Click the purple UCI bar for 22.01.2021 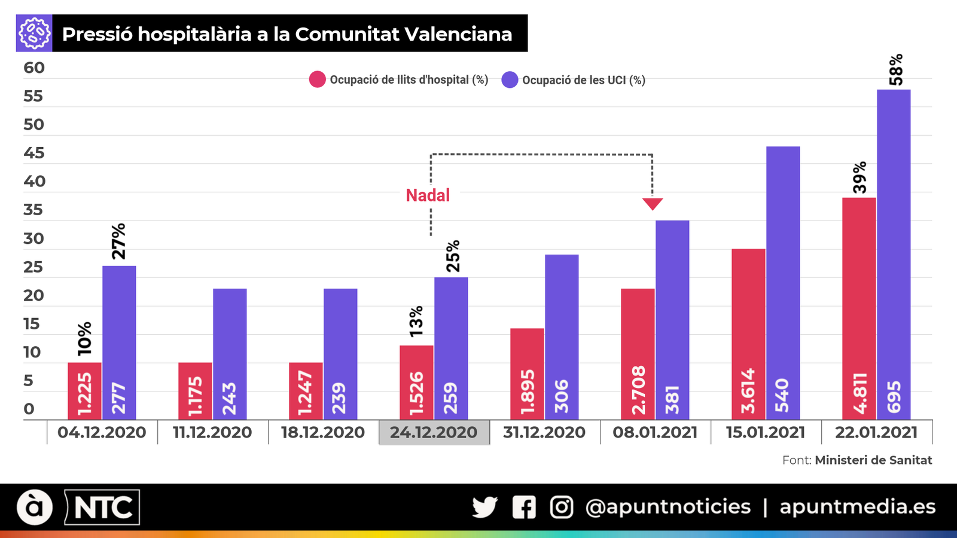[x=894, y=254]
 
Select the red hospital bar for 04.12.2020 [x=84, y=391]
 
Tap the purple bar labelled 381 [x=672, y=320]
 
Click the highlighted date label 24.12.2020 [x=434, y=432]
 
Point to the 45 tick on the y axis [x=34, y=153]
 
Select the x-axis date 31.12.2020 [x=544, y=432]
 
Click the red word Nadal [x=428, y=195]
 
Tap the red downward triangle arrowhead [x=653, y=204]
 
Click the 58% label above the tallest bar [x=895, y=70]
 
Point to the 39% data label [x=860, y=177]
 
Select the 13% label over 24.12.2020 [x=416, y=321]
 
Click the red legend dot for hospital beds [x=317, y=80]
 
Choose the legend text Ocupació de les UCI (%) [x=583, y=80]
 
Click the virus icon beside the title [x=34, y=33]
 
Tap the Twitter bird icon [x=484, y=507]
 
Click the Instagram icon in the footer [x=561, y=507]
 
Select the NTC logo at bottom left [x=102, y=508]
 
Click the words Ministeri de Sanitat [x=873, y=460]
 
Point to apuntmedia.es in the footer [x=857, y=507]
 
